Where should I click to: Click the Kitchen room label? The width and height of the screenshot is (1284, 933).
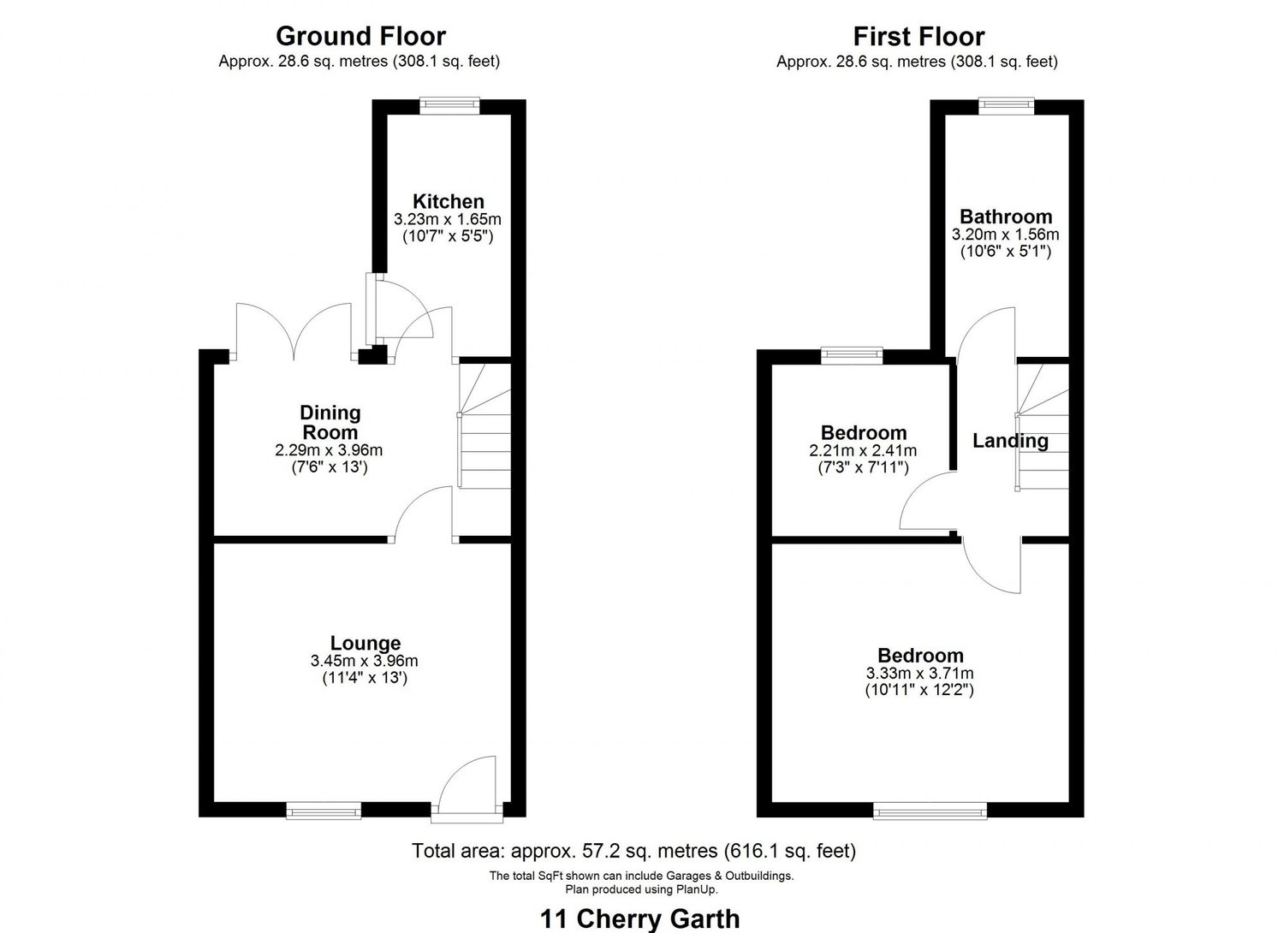pyautogui.click(x=449, y=202)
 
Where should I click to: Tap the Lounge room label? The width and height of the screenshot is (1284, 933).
pyautogui.click(x=366, y=643)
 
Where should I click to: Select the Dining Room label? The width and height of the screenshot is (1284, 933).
pyautogui.click(x=330, y=423)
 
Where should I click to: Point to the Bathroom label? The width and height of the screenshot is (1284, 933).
pyautogui.click(x=1006, y=217)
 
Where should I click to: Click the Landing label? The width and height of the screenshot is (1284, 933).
pyautogui.click(x=1010, y=441)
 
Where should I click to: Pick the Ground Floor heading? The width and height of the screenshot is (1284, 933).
pyautogui.click(x=360, y=37)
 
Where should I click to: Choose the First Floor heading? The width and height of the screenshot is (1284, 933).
pyautogui.click(x=918, y=37)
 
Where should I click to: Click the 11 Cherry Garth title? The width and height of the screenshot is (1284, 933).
pyautogui.click(x=640, y=918)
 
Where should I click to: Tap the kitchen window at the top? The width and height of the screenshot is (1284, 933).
pyautogui.click(x=449, y=104)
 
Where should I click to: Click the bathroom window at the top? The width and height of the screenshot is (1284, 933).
pyautogui.click(x=1007, y=104)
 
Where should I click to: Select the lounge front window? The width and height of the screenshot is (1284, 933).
pyautogui.click(x=324, y=810)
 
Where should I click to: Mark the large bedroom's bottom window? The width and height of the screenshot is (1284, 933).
pyautogui.click(x=930, y=810)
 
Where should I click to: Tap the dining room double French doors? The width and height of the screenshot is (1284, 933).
pyautogui.click(x=294, y=334)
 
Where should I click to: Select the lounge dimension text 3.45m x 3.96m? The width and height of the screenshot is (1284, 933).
pyautogui.click(x=365, y=661)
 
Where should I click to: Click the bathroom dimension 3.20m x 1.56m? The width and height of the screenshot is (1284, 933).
pyautogui.click(x=1006, y=235)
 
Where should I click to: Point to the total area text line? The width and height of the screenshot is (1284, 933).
pyautogui.click(x=633, y=851)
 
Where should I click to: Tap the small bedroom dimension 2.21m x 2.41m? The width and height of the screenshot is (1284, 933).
pyautogui.click(x=863, y=450)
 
